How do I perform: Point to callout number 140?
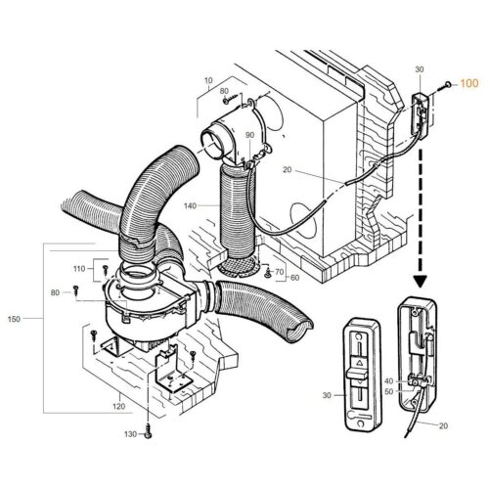click(189, 206)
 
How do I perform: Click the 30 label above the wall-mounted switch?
click(420, 69)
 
